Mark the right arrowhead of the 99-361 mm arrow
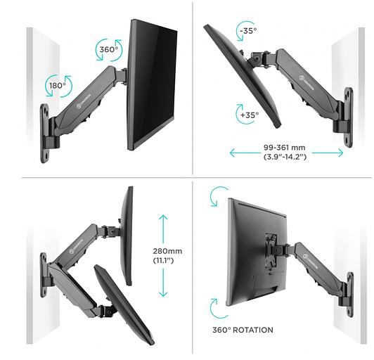(x=340, y=152)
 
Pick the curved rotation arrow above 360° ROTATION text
(x=215, y=308)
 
